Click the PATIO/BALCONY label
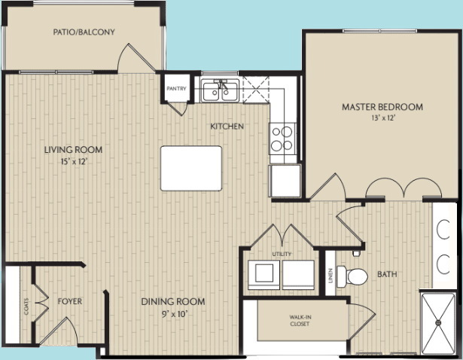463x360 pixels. tap(84, 32)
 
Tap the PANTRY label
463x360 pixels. tap(176, 88)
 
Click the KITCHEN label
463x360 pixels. tap(227, 127)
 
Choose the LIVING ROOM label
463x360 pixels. tap(73, 149)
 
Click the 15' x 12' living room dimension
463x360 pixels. tap(73, 160)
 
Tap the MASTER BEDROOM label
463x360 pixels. tap(382, 107)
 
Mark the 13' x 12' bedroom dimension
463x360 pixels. tap(382, 118)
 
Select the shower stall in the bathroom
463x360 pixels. tap(439, 324)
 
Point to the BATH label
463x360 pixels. tap(388, 274)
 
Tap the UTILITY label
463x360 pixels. tap(282, 255)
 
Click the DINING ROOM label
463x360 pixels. tap(174, 302)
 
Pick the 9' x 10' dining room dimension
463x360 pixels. tap(174, 313)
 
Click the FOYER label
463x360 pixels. tap(70, 301)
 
